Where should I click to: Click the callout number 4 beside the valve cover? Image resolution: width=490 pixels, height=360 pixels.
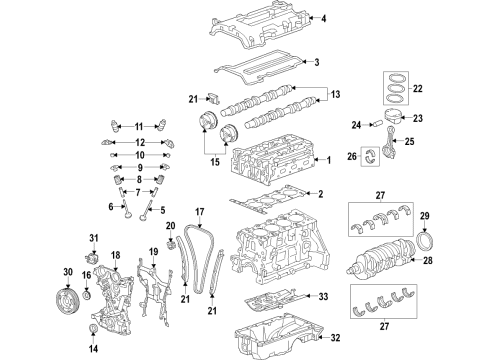[x=322, y=18]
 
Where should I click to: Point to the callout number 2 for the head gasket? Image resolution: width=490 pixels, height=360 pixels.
[x=321, y=194]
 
